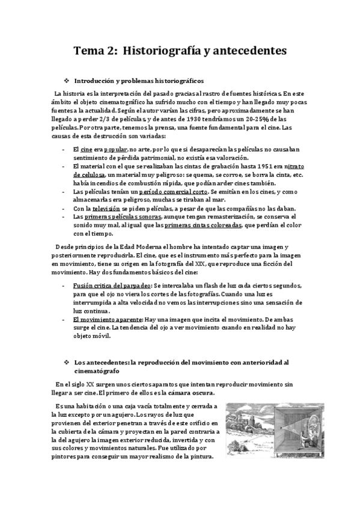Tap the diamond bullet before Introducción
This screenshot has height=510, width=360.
click(x=67, y=80)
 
